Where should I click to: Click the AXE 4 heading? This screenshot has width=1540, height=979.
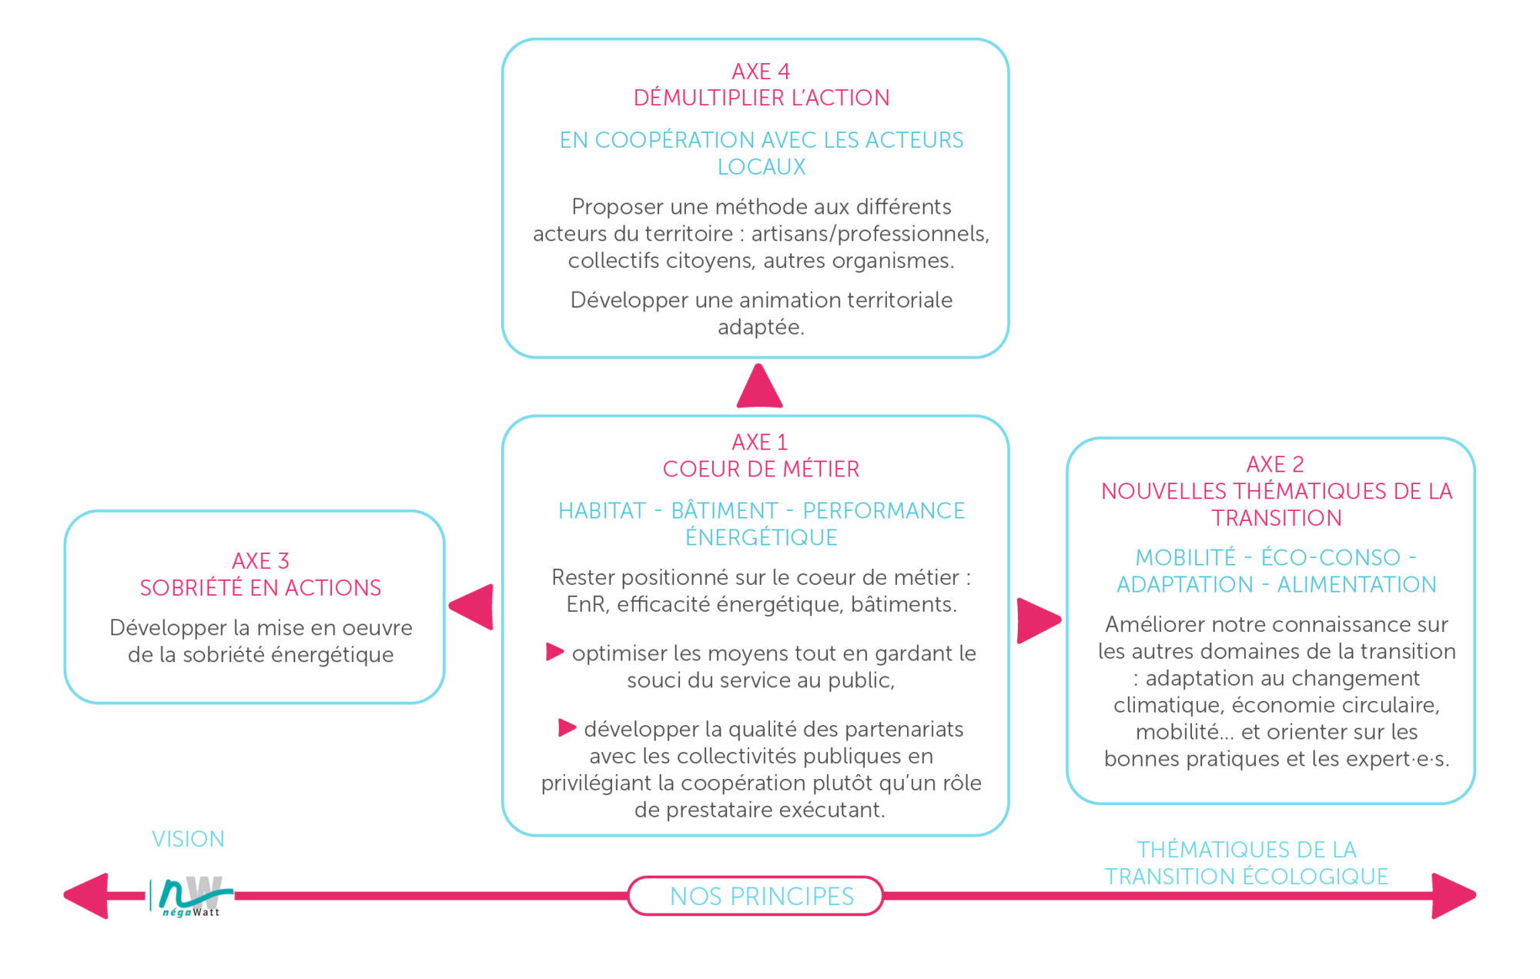(761, 72)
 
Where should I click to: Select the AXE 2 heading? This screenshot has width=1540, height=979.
(1275, 465)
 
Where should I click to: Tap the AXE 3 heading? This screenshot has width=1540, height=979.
(260, 561)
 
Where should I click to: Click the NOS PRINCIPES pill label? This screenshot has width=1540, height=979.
(762, 897)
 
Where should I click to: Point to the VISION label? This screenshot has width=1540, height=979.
(188, 839)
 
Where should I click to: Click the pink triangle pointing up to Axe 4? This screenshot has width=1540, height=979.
(759, 386)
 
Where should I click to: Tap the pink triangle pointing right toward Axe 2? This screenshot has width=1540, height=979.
(1039, 620)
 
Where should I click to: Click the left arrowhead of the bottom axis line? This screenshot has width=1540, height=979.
(86, 896)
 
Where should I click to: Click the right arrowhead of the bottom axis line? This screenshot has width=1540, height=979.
(1454, 896)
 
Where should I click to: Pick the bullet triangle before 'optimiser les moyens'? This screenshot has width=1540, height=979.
(554, 652)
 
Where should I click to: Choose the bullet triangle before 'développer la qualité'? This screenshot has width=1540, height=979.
(567, 727)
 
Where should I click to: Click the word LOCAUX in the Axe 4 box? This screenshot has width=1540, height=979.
(762, 167)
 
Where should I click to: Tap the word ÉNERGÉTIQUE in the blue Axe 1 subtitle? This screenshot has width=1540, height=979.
(762, 538)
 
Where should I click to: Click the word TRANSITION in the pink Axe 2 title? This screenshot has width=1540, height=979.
(1277, 519)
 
